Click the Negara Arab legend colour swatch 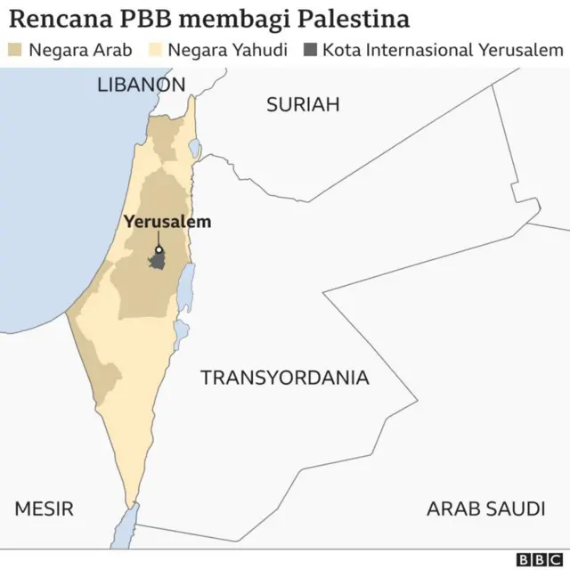tap(15, 49)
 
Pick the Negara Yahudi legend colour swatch tap(154, 49)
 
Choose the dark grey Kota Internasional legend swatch tap(310, 49)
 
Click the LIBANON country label tap(141, 85)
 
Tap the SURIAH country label tap(303, 105)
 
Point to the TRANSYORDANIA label tap(284, 378)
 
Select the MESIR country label tap(44, 509)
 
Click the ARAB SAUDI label tap(485, 509)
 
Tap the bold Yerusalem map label tap(167, 222)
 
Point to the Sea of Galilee tap(194, 148)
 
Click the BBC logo tap(538, 558)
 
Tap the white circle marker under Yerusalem tap(159, 251)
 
